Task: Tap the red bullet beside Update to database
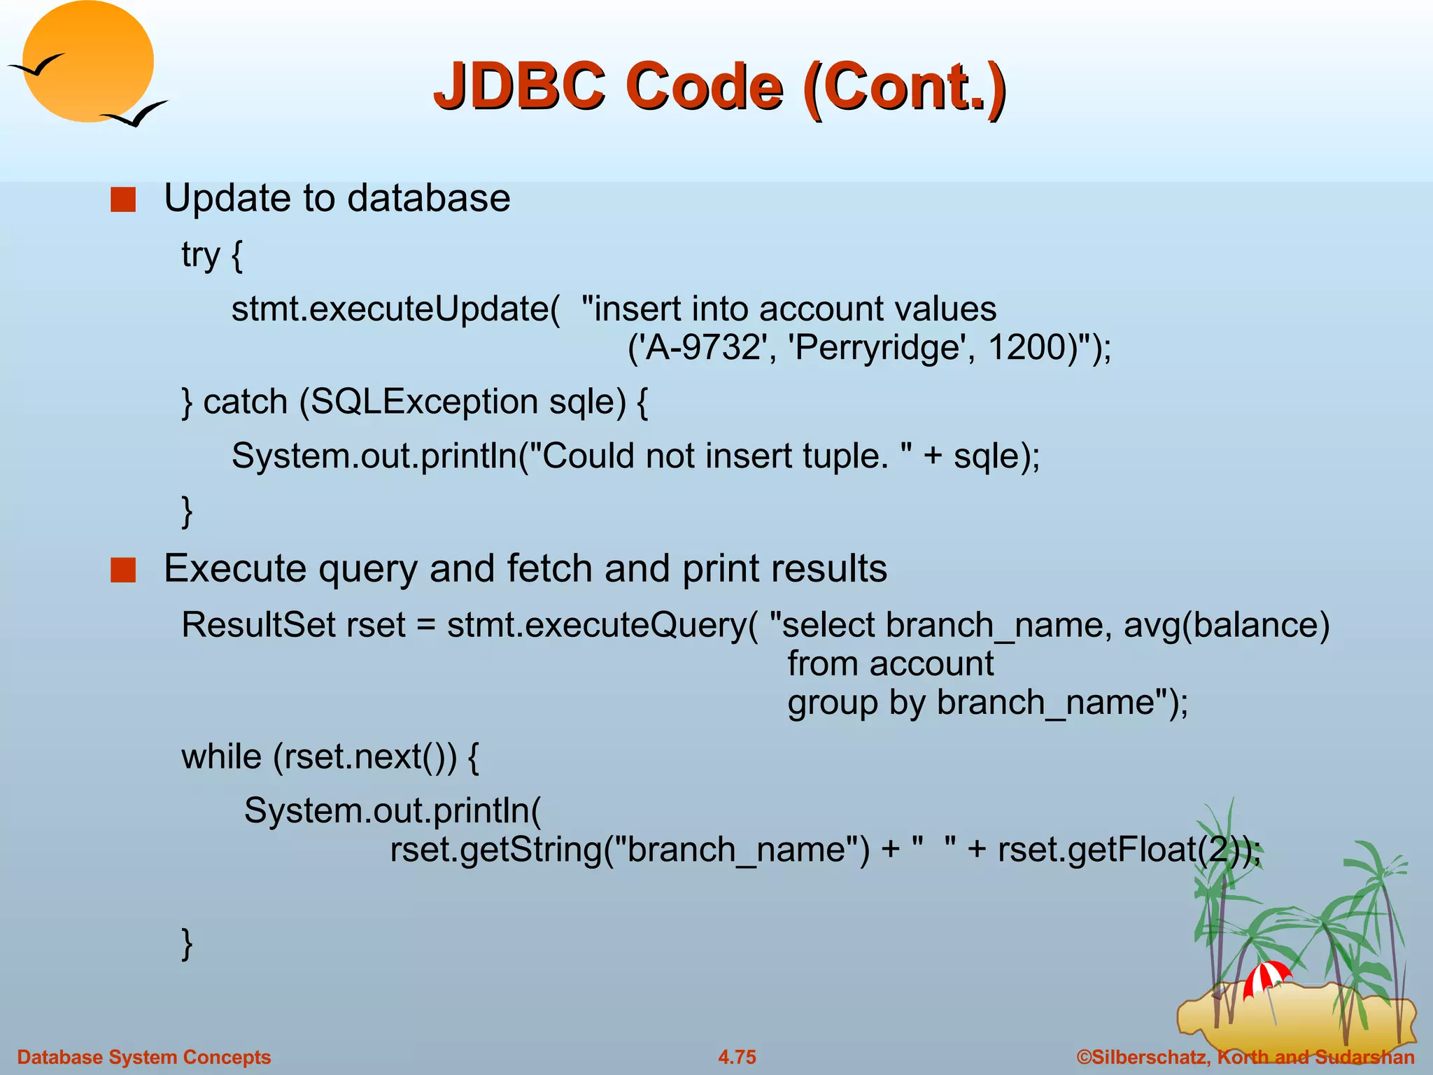coord(123,199)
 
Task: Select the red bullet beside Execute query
coord(123,570)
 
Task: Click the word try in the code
coord(200,255)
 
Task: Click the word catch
coord(245,402)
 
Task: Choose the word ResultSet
coord(258,625)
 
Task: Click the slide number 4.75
coord(737,1057)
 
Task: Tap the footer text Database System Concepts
coord(143,1057)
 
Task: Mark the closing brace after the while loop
coord(187,943)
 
